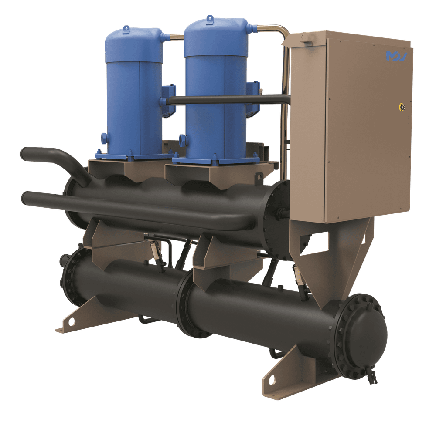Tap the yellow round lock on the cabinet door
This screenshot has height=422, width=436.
[402, 106]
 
